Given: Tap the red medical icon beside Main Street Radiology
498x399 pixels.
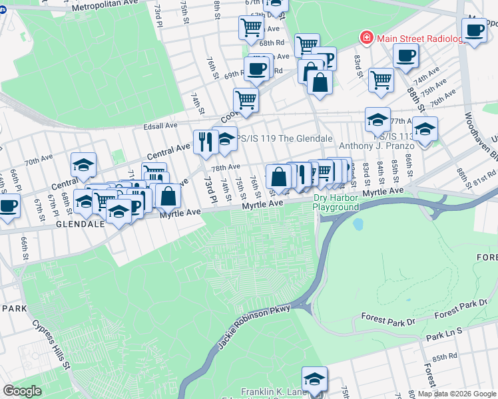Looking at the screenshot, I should (x=366, y=38).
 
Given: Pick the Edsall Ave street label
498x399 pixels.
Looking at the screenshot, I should (x=160, y=125).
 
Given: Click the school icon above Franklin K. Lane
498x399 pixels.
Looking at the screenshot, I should (x=314, y=378).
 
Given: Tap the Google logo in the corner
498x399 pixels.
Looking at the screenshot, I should (x=22, y=391).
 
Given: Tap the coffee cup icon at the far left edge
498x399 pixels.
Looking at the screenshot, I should (x=8, y=205).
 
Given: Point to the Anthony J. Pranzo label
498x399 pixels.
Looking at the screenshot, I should (x=377, y=146).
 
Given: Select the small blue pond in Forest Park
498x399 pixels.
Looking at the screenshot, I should (x=359, y=224).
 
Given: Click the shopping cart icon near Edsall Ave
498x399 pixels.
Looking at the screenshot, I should (x=246, y=100).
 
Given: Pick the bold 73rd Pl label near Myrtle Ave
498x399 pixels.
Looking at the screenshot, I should (x=210, y=190).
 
